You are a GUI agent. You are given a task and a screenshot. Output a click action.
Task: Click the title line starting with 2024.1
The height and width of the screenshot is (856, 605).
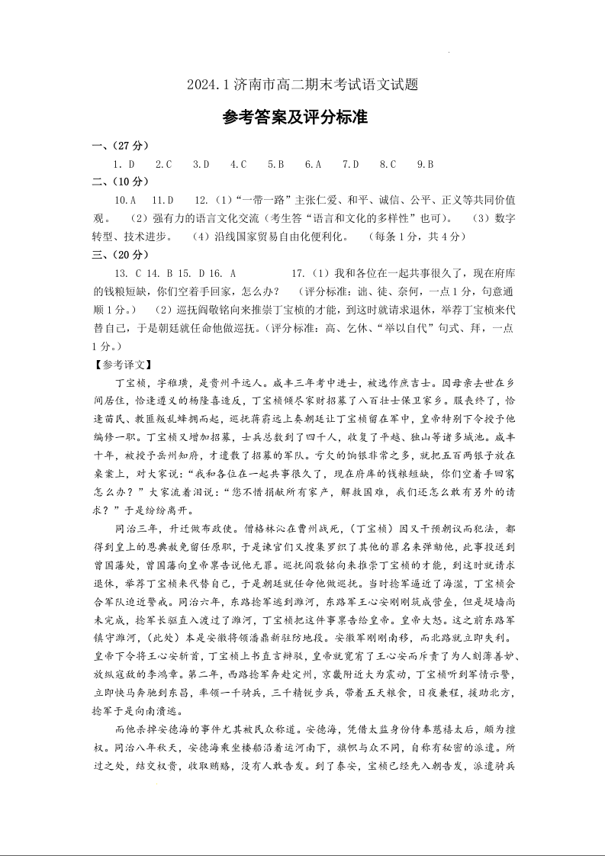point(302,85)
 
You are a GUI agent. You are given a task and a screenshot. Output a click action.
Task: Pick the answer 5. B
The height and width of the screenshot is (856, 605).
point(275,164)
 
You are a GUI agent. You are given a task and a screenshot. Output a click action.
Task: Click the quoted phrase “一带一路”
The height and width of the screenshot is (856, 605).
point(247,201)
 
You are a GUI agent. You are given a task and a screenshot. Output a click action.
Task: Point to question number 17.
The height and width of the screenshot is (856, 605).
point(298,272)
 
